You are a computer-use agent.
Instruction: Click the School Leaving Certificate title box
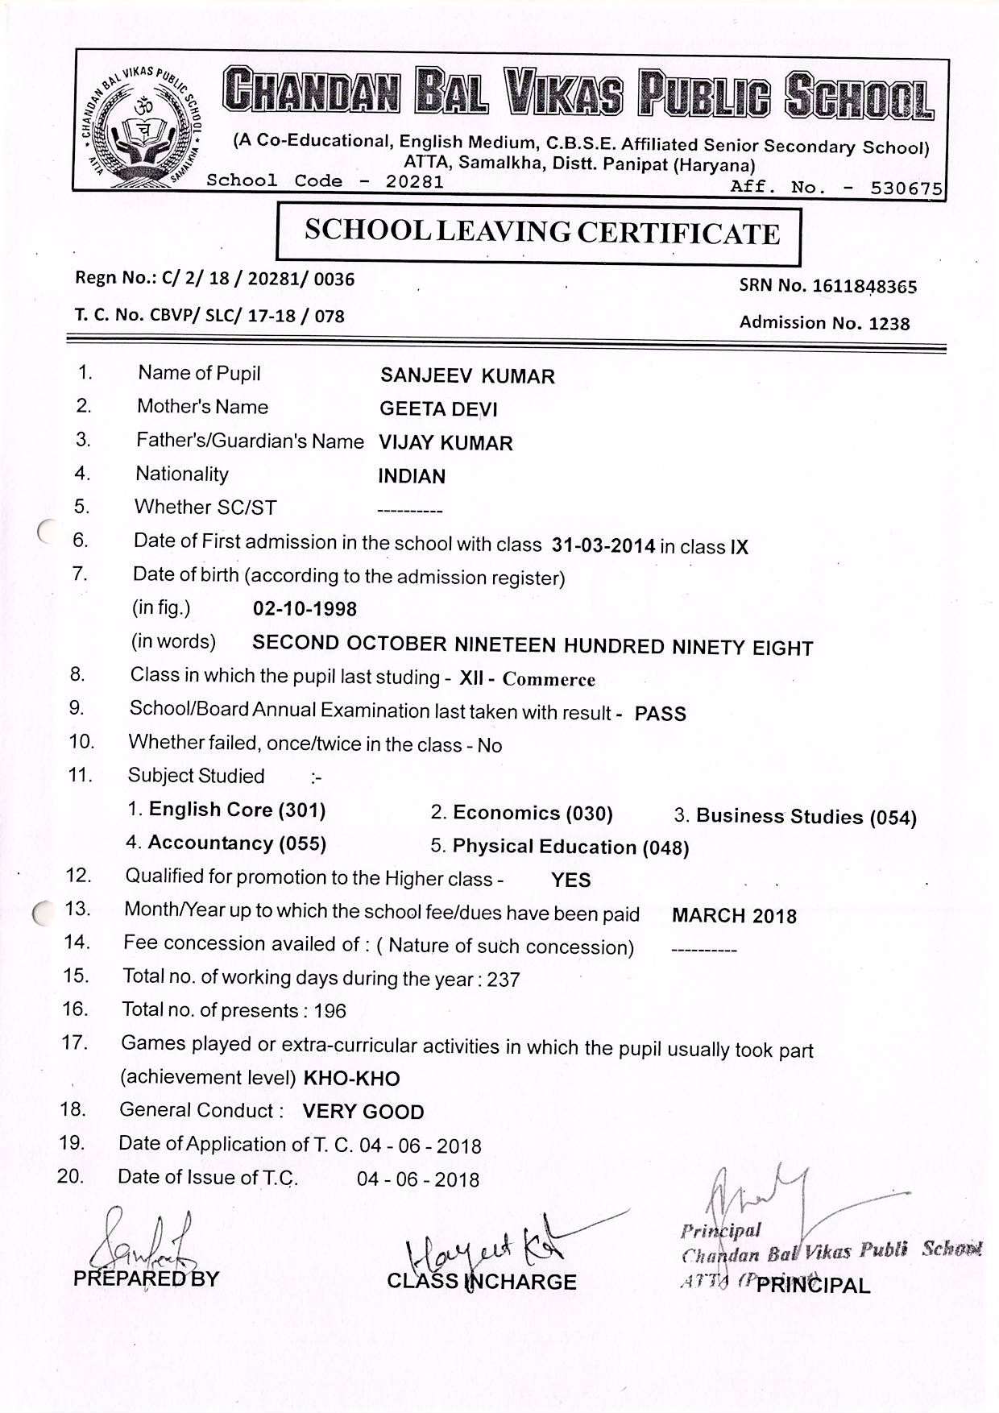click(x=539, y=233)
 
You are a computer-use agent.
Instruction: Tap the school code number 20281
click(x=414, y=181)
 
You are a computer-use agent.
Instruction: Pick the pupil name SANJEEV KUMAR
click(x=467, y=376)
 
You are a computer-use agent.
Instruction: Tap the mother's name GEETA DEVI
click(x=438, y=409)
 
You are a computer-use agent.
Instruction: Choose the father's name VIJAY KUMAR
click(x=446, y=443)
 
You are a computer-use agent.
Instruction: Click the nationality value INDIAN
click(x=412, y=476)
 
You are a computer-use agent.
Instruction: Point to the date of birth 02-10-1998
click(x=305, y=609)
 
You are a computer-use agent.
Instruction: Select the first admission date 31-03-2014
click(x=603, y=545)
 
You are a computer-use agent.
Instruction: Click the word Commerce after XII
click(x=549, y=679)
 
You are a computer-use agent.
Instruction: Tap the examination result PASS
click(x=660, y=714)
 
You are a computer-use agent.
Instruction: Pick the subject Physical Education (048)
click(x=570, y=847)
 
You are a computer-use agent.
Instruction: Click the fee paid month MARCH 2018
click(x=734, y=916)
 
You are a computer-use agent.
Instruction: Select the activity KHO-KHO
click(x=351, y=1079)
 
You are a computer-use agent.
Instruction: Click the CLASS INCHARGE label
click(x=482, y=1282)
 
